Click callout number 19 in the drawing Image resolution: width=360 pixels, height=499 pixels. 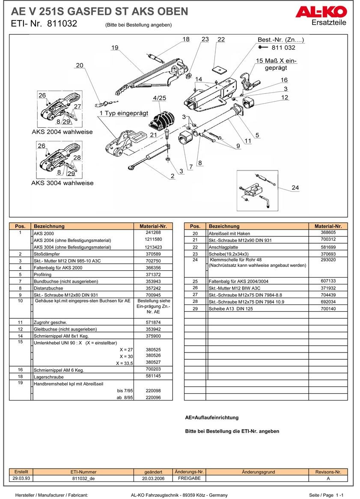click(x=114, y=48)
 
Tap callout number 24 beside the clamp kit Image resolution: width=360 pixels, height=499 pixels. click(x=295, y=188)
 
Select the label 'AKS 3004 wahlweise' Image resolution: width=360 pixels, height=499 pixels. click(x=62, y=183)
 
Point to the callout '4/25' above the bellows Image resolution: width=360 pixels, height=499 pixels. click(x=159, y=98)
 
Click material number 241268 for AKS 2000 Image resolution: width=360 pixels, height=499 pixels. click(x=153, y=233)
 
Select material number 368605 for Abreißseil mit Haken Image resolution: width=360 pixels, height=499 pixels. click(x=328, y=233)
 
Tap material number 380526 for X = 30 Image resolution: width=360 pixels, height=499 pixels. click(x=153, y=356)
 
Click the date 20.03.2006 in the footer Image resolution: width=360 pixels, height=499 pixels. click(x=153, y=478)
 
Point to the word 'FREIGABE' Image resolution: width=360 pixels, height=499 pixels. click(x=189, y=478)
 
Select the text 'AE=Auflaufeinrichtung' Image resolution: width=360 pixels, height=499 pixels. click(x=211, y=418)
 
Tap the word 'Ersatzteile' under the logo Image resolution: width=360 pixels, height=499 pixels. click(x=329, y=23)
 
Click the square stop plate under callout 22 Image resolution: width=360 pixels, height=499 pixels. click(x=220, y=69)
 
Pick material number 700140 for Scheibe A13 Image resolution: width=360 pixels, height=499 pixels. click(x=328, y=308)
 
